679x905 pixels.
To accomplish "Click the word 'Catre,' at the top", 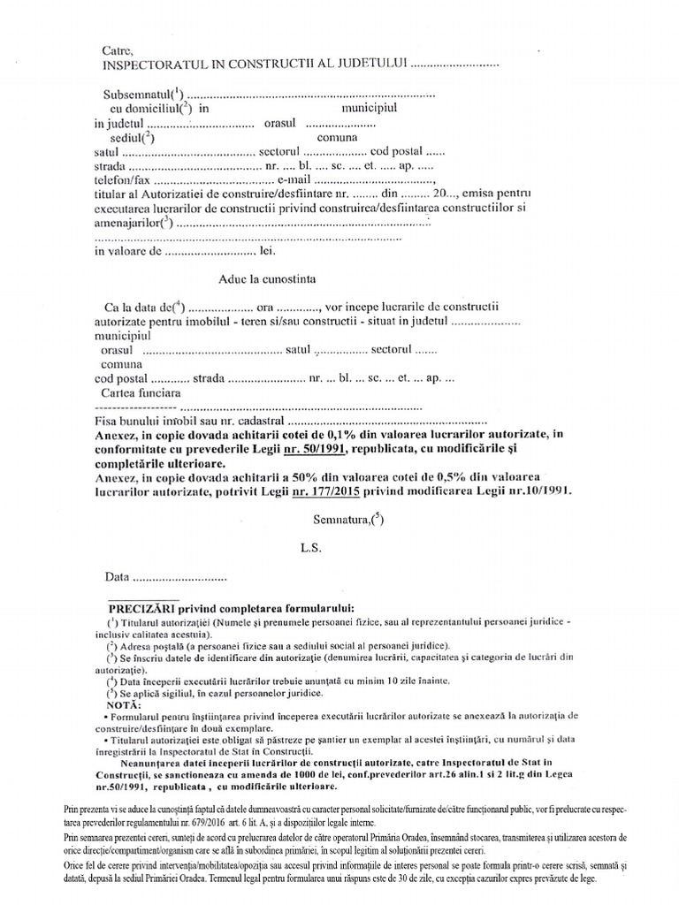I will (118, 49).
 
